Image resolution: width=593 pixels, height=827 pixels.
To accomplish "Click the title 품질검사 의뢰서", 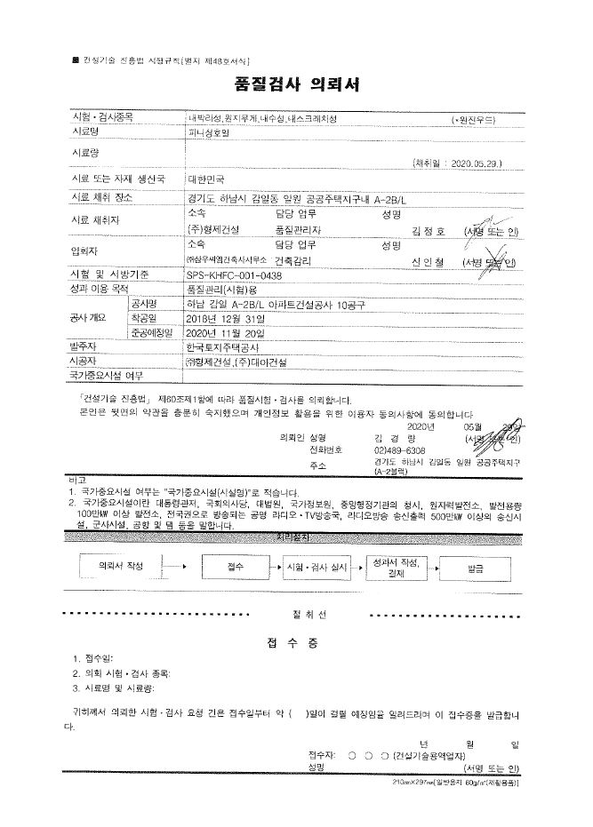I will pos(296,85).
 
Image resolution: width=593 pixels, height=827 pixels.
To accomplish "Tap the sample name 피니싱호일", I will pos(209,131).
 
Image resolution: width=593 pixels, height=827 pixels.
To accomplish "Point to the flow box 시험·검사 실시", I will pos(317,565).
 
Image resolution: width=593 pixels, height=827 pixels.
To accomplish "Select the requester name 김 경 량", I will pos(392,437).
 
